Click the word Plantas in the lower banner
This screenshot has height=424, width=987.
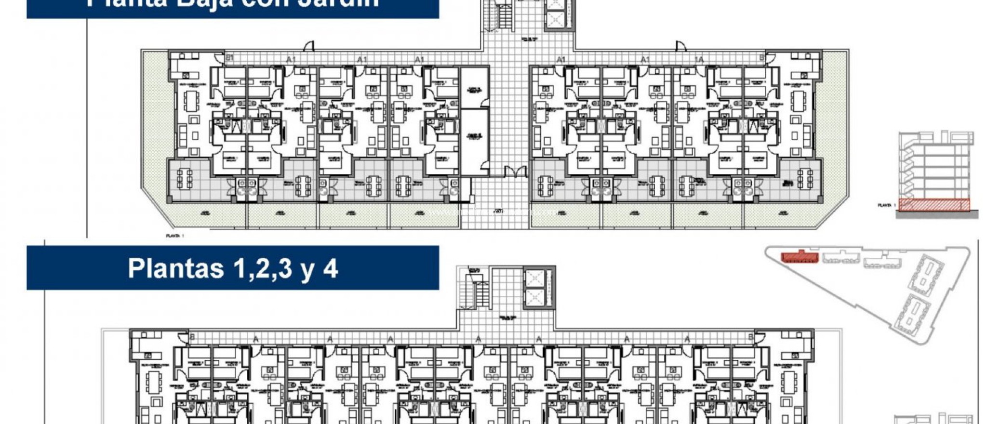(176, 268)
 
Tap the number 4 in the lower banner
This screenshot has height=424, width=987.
(330, 268)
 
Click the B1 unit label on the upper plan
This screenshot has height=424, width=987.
(230, 58)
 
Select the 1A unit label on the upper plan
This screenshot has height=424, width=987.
(698, 59)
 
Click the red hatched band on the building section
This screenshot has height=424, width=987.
(934, 205)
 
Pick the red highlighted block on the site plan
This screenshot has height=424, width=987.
(800, 257)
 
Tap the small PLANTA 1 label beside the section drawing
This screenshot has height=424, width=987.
(886, 205)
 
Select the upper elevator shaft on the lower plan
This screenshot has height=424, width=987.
(536, 278)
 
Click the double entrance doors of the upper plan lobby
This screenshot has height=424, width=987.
(515, 172)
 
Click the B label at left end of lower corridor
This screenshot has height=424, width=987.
(192, 337)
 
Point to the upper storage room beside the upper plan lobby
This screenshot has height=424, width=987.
(474, 88)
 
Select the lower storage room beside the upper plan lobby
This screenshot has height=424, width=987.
(474, 140)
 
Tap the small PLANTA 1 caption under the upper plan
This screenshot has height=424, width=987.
(174, 236)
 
